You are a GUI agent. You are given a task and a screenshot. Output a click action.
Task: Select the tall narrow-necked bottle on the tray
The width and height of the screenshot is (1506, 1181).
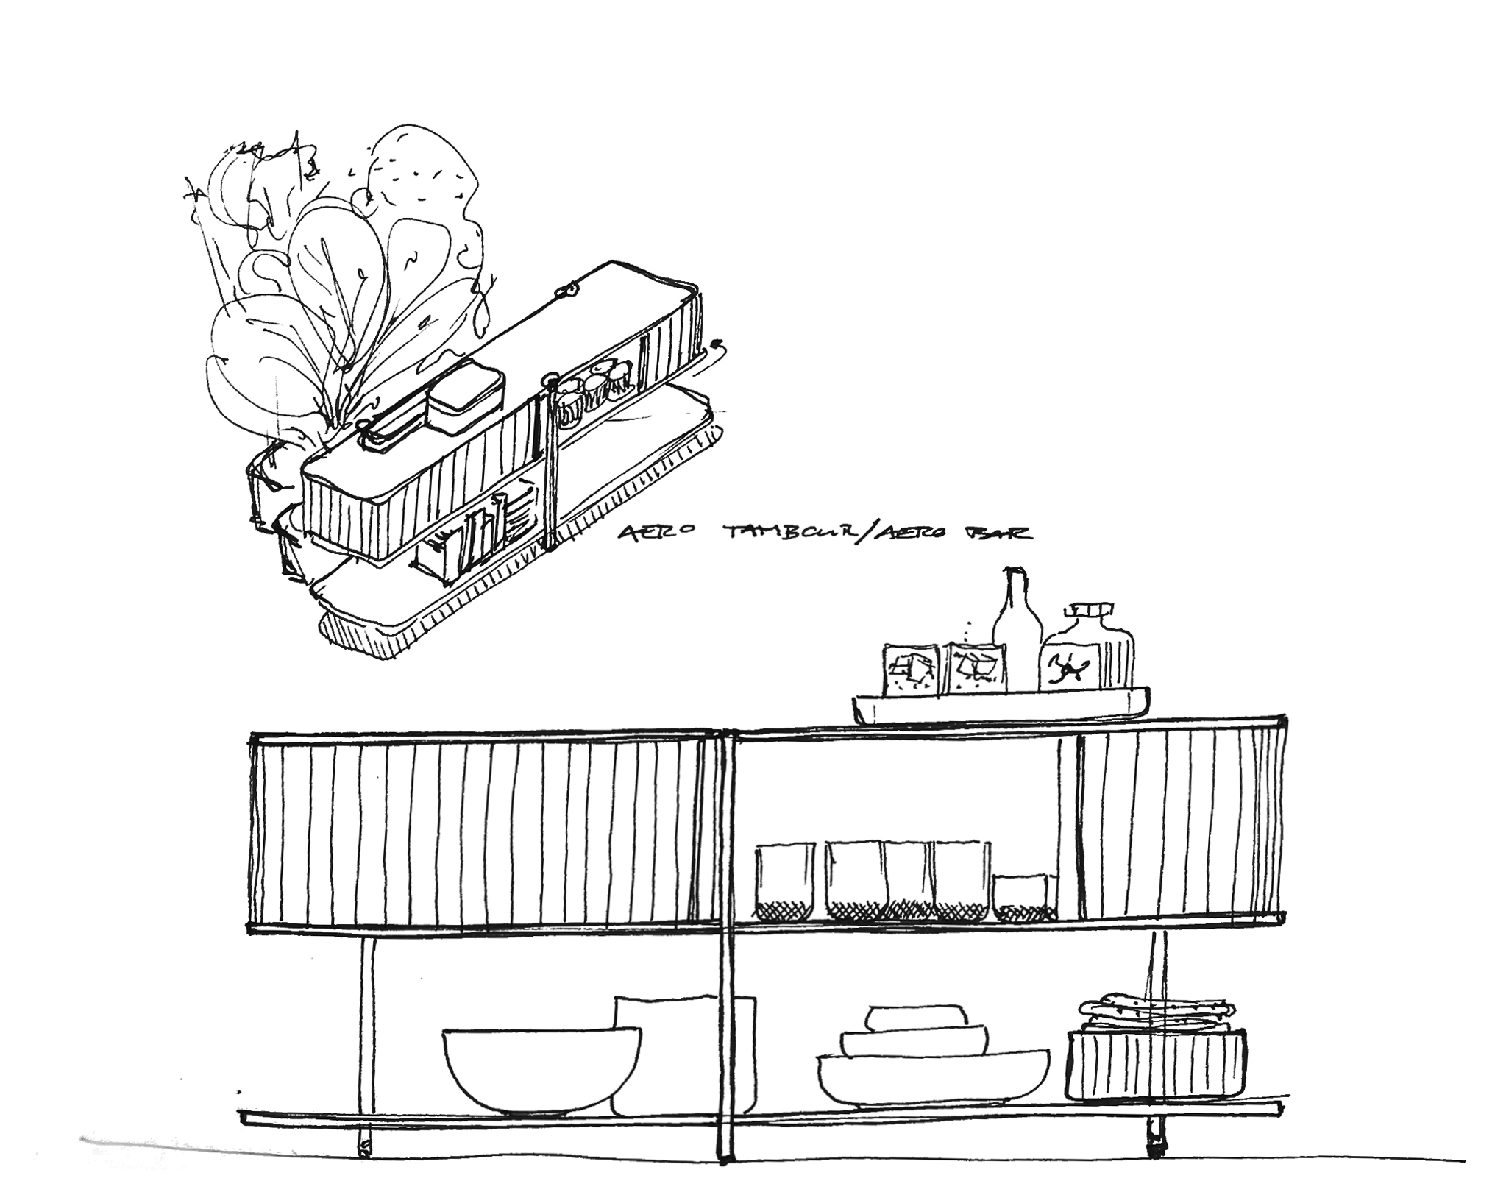coord(1016,633)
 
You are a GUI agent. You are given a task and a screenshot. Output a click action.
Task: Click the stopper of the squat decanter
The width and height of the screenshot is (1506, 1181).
coord(1088,611)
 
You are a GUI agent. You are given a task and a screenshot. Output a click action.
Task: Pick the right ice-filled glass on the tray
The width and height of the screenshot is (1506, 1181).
coord(976,667)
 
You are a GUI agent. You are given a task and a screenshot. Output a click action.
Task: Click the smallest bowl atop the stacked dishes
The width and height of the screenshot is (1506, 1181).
coord(915,1018)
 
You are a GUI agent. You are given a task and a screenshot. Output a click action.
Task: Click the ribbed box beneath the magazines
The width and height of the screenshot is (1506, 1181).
coord(1156,1063)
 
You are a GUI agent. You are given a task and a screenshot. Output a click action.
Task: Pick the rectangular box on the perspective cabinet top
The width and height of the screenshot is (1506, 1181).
coord(466,401)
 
